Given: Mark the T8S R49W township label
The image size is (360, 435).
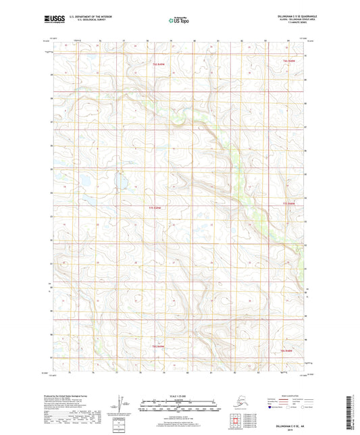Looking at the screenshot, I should (x=158, y=347).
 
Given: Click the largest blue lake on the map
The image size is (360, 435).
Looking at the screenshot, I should (x=85, y=180).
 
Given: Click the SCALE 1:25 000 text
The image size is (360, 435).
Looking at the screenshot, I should (x=179, y=395).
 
